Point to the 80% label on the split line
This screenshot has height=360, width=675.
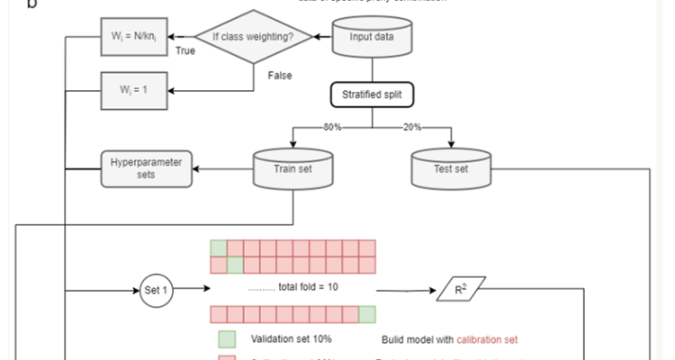pyautogui.click(x=333, y=128)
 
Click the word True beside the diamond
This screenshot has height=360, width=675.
pyautogui.click(x=186, y=51)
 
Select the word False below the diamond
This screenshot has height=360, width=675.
pyautogui.click(x=280, y=76)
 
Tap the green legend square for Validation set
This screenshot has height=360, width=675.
pyautogui.click(x=226, y=339)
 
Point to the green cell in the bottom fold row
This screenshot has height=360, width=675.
pyautogui.click(x=366, y=313)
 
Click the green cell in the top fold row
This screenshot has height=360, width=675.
pyautogui.click(x=218, y=247)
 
